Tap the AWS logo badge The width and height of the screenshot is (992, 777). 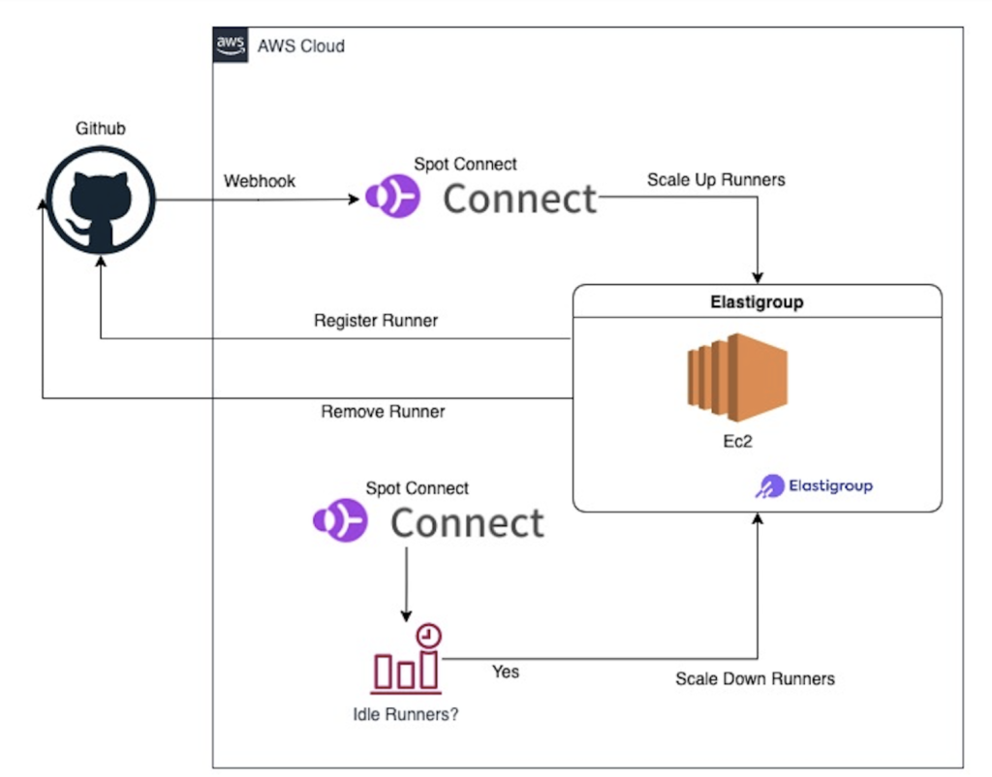coord(230,45)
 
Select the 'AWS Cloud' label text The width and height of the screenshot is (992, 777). coord(300,46)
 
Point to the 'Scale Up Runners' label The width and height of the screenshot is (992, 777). coord(716,180)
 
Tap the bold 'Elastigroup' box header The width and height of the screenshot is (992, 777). coord(757,302)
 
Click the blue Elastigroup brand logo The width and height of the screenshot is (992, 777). coord(814,485)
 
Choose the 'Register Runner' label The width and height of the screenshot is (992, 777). coord(376,321)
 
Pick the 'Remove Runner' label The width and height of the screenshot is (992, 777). coord(383,412)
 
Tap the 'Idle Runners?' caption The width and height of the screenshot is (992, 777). coord(406,716)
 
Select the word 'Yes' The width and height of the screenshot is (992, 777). coord(506,671)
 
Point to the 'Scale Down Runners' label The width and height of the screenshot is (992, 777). coord(755,678)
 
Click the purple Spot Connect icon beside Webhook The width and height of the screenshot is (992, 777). coord(391,200)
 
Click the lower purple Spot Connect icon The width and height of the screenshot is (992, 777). coord(339,522)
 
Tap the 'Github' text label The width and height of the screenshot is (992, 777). coord(101,129)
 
